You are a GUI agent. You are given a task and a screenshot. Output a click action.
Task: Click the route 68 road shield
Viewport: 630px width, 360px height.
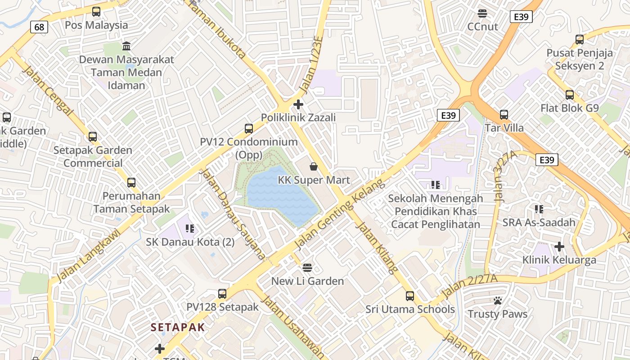coord(39,27)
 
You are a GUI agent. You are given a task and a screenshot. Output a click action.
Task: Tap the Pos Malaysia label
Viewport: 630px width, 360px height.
coord(96,25)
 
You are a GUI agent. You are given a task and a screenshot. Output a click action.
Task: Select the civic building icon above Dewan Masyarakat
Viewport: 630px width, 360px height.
coord(126,46)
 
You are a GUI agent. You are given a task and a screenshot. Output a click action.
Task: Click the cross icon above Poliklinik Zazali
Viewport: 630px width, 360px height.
coord(298,105)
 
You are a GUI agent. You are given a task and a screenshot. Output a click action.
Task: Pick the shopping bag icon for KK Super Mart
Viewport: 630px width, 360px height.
coord(314,167)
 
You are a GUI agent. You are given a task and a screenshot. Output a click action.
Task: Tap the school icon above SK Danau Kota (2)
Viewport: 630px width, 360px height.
coord(189,229)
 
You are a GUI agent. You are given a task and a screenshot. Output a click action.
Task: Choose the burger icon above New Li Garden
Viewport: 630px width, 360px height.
coord(307,268)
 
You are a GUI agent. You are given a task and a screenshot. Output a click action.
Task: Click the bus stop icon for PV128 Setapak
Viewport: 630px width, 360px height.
coord(222,294)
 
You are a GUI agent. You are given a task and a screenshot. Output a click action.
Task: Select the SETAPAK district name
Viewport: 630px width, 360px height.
coord(178,327)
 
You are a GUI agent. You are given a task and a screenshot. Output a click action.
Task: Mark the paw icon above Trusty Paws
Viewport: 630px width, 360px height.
coord(497,301)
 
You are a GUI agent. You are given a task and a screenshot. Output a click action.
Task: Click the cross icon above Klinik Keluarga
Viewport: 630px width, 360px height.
coord(559,247)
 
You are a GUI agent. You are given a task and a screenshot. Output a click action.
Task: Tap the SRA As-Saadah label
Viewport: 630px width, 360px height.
coord(539,222)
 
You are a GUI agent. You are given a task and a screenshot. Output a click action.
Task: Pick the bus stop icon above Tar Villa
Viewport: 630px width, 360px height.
coord(504,115)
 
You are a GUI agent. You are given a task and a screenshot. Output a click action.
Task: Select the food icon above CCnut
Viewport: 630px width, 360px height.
coord(482,13)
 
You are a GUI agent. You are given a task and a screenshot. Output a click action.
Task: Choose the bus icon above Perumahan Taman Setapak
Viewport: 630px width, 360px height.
coord(131,183)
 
